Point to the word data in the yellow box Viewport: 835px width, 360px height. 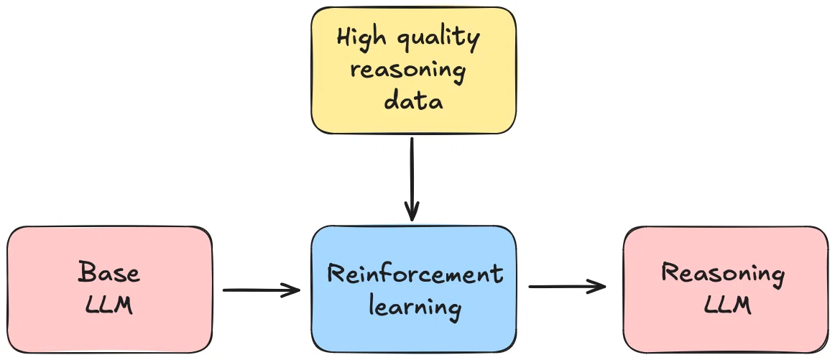click(x=413, y=100)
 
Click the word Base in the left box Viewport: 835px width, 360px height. click(x=109, y=272)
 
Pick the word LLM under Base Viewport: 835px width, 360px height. click(x=109, y=305)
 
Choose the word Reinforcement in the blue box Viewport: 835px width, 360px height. click(x=415, y=274)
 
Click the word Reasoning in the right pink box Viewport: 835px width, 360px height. click(x=723, y=274)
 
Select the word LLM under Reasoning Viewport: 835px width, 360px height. click(x=727, y=305)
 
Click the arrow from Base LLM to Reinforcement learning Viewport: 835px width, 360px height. click(x=262, y=290)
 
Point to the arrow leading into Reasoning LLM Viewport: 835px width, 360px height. click(x=567, y=287)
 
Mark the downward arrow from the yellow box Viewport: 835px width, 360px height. click(x=412, y=179)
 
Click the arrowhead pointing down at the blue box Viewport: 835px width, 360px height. click(x=412, y=211)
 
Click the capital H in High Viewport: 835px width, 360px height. click(x=344, y=39)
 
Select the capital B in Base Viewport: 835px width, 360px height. click(x=87, y=272)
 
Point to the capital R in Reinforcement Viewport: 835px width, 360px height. click(x=336, y=274)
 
